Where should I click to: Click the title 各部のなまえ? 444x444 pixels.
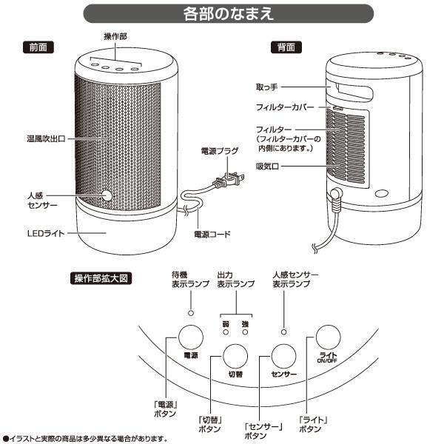[222, 14]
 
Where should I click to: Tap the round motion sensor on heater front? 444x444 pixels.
[107, 196]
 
